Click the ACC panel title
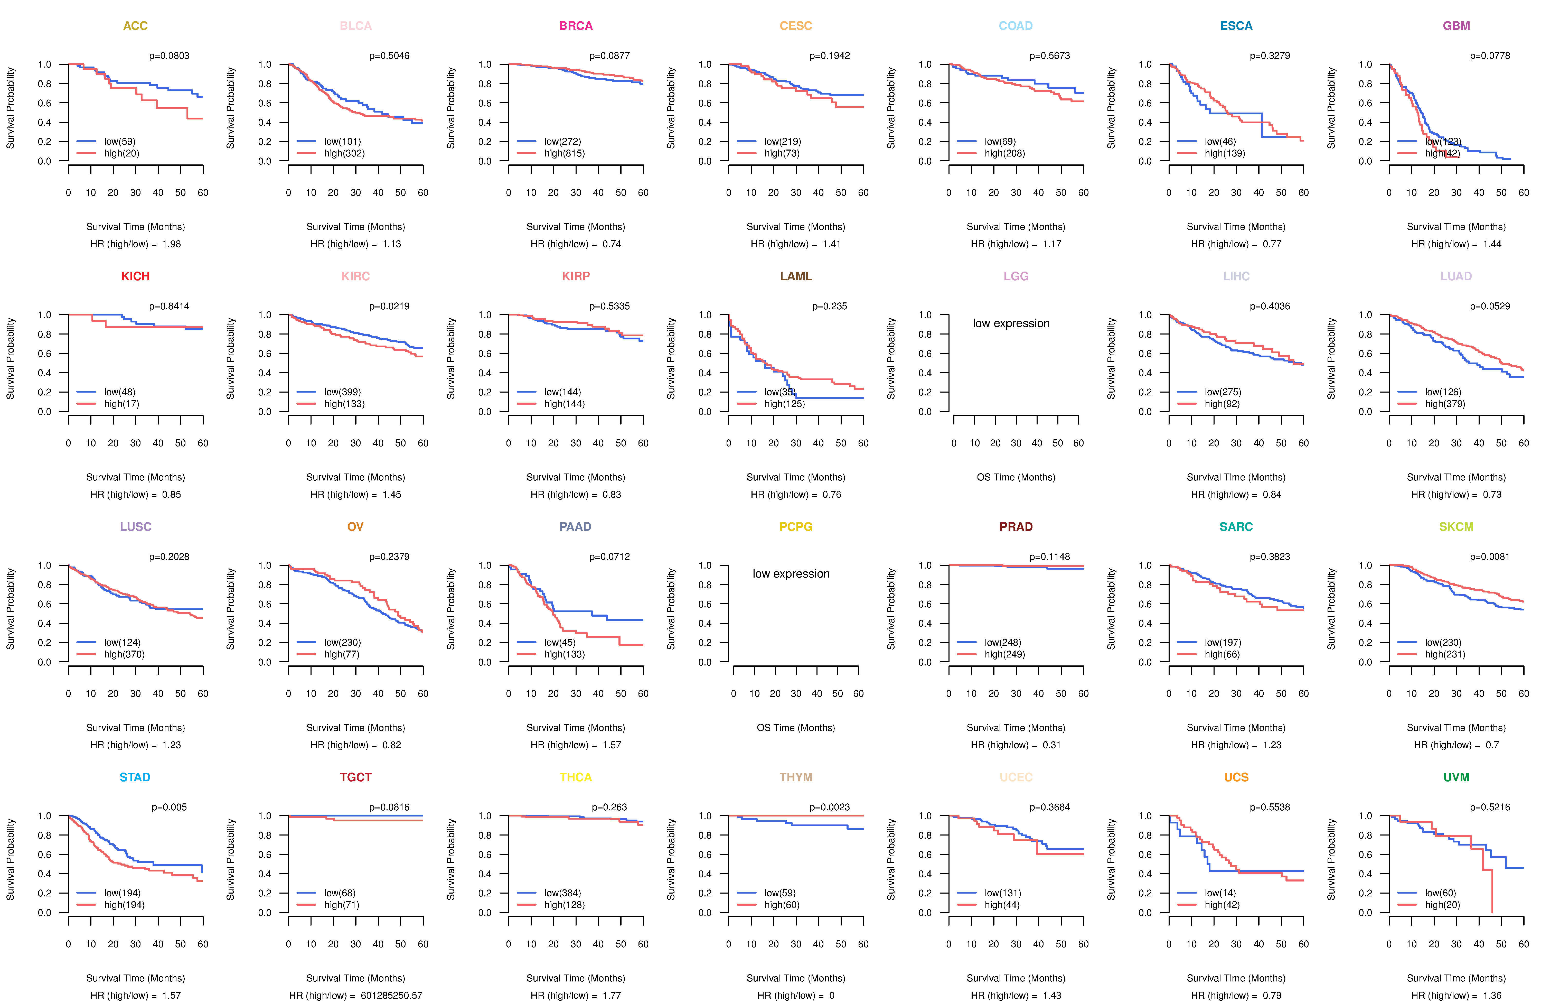pyautogui.click(x=135, y=26)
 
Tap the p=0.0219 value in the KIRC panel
pyautogui.click(x=389, y=306)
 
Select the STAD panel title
pyautogui.click(x=135, y=777)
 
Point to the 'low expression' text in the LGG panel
pyautogui.click(x=1011, y=323)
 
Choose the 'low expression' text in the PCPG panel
pyautogui.click(x=791, y=574)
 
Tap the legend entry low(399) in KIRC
pyautogui.click(x=342, y=392)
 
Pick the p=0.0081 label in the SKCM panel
pyautogui.click(x=1489, y=557)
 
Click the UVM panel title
pyautogui.click(x=1456, y=777)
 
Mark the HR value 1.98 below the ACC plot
pyautogui.click(x=172, y=244)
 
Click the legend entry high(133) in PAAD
pyautogui.click(x=564, y=654)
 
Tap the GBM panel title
pyautogui.click(x=1456, y=26)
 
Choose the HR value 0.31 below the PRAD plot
pyautogui.click(x=1051, y=745)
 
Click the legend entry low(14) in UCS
pyautogui.click(x=1220, y=893)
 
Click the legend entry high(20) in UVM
pyautogui.click(x=1442, y=905)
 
